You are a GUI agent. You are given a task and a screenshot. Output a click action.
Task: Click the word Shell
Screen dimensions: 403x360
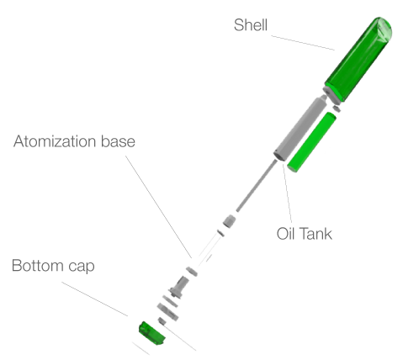pos(251,24)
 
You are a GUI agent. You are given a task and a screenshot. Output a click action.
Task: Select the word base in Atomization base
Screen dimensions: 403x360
pos(118,141)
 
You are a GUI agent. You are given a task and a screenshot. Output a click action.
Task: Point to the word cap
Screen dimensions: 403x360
pos(82,267)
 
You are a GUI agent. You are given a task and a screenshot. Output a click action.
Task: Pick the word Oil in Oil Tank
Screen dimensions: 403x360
pos(285,234)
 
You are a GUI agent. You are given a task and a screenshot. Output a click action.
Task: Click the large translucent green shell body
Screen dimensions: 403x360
pos(358,59)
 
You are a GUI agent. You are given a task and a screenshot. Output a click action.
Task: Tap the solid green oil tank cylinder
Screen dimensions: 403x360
pos(312,142)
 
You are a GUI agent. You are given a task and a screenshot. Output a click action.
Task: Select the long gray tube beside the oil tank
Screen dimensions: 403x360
pos(300,128)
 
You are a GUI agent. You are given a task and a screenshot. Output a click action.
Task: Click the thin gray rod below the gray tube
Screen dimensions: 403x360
pos(257,186)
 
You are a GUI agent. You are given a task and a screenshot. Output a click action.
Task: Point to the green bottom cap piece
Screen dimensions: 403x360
pos(151,333)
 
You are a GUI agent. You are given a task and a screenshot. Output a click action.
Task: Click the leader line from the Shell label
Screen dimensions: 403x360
pos(303,43)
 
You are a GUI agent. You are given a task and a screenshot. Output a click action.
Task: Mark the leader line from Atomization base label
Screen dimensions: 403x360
pos(158,207)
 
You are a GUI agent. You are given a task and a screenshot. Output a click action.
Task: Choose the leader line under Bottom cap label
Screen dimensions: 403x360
pos(95,299)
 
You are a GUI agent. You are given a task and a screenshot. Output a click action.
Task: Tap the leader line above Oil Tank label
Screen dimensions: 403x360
pos(288,193)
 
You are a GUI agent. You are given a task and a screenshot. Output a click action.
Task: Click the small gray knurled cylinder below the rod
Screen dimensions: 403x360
pos(229,220)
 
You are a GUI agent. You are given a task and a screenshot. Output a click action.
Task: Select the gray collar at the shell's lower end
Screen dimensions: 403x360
pos(330,94)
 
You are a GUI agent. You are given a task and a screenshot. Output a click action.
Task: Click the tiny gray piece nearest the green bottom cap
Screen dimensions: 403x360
pos(162,320)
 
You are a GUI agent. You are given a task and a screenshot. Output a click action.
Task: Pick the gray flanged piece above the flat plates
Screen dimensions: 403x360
pos(178,288)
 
